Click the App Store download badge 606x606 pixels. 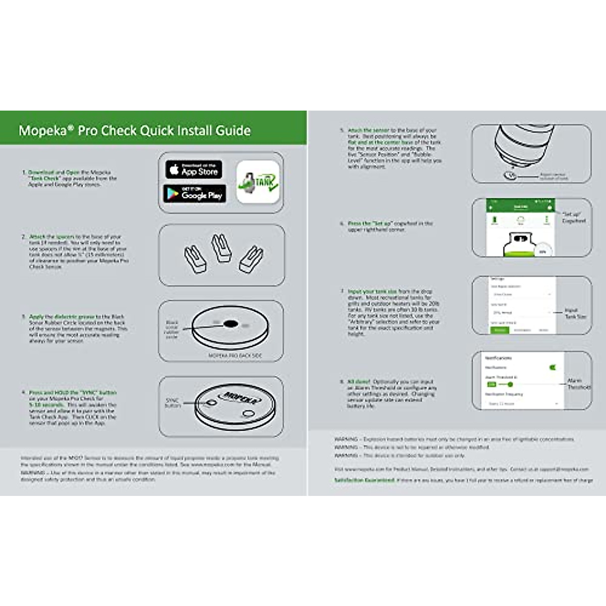tap(193, 170)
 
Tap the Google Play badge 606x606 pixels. tap(194, 193)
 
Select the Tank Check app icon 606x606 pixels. tap(258, 182)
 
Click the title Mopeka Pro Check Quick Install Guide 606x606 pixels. tap(134, 131)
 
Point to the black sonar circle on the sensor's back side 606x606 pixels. tap(230, 324)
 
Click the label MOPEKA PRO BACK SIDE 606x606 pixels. tap(235, 356)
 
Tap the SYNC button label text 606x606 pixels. tap(172, 402)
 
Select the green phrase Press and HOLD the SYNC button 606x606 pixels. tap(72, 392)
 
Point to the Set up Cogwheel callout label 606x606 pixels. tap(574, 218)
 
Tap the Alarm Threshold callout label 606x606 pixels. tap(578, 384)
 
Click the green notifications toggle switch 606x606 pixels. tap(552, 367)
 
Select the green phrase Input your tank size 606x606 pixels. tap(372, 291)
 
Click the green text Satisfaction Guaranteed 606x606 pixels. tap(364, 480)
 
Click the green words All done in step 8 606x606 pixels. tap(359, 382)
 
